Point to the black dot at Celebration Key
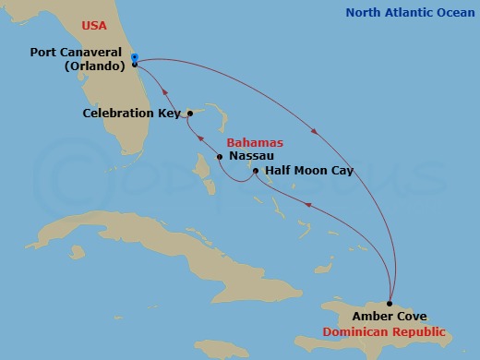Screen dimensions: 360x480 click(189, 114)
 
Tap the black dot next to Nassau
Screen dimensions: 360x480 click(219, 157)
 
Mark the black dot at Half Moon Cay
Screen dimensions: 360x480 click(256, 171)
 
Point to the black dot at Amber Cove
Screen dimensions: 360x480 click(390, 304)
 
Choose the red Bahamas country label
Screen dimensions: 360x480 click(255, 143)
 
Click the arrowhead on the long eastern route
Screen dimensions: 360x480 click(318, 132)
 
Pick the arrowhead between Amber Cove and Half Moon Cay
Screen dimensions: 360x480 click(308, 206)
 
